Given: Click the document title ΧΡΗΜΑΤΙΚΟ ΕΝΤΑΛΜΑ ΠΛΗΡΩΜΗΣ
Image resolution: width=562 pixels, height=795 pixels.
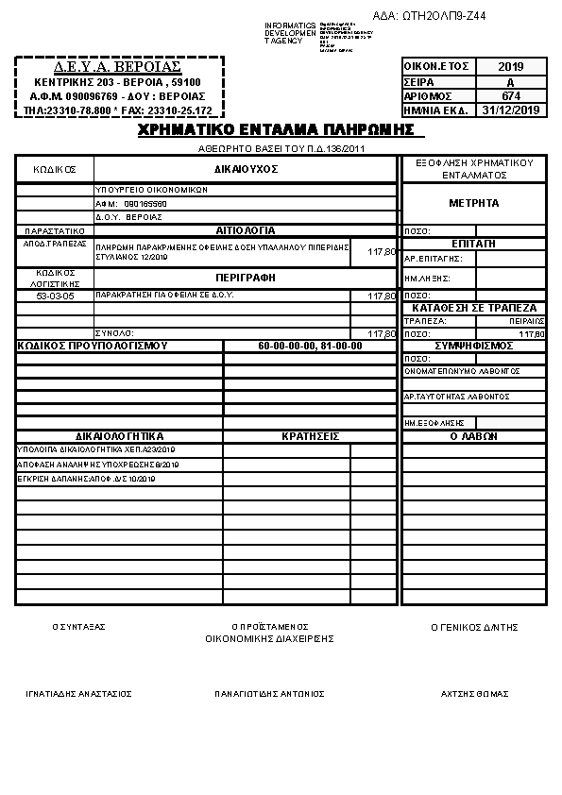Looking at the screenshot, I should [x=276, y=129].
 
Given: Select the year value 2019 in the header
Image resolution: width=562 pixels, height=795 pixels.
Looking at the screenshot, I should [x=510, y=67].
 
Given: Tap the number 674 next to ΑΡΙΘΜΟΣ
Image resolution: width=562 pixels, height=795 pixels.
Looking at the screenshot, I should [x=510, y=95].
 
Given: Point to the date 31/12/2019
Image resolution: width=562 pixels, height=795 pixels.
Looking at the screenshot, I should [x=510, y=110].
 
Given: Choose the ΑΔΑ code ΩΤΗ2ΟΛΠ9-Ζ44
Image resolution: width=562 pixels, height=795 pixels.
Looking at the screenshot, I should [x=443, y=16].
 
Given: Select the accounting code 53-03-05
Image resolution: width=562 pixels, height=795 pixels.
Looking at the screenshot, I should [x=55, y=296].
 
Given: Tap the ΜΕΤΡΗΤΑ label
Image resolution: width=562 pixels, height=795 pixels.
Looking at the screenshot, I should [x=474, y=203].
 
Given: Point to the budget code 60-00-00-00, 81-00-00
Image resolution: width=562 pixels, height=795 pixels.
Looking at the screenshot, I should [x=310, y=346].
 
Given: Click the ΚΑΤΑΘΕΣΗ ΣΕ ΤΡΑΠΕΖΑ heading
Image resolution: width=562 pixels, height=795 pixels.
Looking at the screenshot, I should [x=474, y=308].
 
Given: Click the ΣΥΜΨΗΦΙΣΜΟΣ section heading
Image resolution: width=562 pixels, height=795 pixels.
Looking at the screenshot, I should [x=474, y=346].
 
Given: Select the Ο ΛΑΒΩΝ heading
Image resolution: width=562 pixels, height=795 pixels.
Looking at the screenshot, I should [x=474, y=436].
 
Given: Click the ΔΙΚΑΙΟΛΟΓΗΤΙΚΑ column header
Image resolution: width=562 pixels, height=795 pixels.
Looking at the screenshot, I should [x=119, y=436].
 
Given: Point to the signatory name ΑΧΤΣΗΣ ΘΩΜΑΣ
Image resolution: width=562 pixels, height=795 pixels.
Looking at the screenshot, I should [x=474, y=694].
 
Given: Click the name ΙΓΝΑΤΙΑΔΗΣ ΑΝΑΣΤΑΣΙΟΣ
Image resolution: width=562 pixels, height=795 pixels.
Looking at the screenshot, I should [x=78, y=694].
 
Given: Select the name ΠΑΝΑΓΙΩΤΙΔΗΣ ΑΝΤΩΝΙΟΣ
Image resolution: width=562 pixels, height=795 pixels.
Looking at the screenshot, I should [x=269, y=694].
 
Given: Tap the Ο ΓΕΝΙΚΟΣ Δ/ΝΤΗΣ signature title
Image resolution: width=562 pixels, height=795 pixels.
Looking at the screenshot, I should [x=474, y=627].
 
